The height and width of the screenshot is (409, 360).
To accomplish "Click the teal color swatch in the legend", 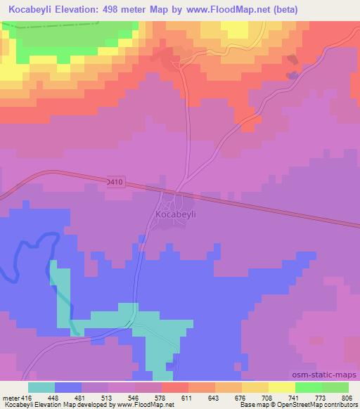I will (41, 387).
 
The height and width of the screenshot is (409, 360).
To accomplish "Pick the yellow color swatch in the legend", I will (282, 387).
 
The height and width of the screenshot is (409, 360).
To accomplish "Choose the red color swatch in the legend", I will (175, 387).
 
